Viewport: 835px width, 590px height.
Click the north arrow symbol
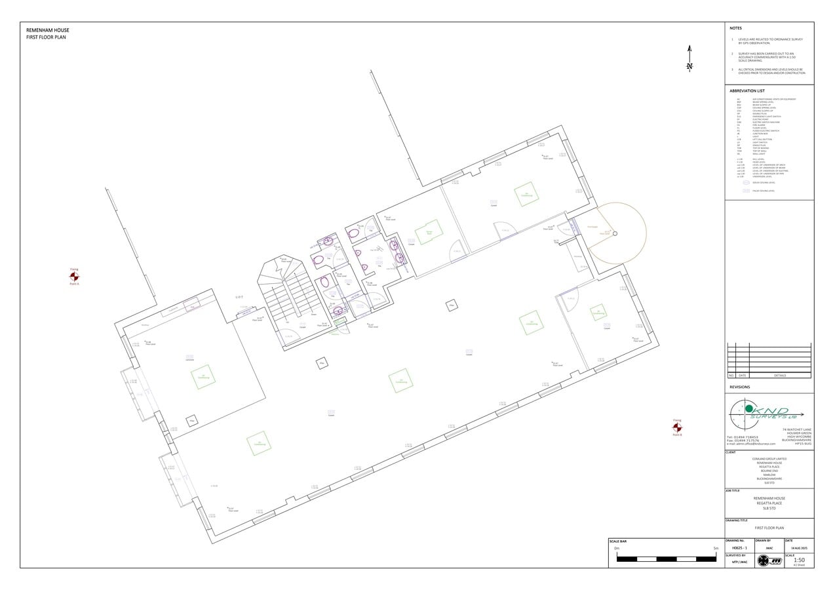point(689,58)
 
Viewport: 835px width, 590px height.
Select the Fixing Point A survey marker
point(74,277)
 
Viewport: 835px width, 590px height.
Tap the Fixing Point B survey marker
point(677,427)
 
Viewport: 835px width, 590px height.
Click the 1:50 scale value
point(799,560)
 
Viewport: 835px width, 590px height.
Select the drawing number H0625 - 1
point(739,547)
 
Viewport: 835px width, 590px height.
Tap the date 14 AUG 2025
point(799,547)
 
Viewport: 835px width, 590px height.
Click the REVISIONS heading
point(740,387)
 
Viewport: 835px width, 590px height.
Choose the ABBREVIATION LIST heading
point(747,90)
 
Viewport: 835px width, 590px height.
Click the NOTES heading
point(735,28)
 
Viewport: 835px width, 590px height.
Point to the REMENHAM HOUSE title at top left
point(47,30)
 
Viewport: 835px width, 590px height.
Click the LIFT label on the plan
point(239,297)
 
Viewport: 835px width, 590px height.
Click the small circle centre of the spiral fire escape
point(615,233)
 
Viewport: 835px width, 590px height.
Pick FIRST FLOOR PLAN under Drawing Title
point(769,527)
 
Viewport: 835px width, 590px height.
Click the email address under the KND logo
point(750,444)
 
